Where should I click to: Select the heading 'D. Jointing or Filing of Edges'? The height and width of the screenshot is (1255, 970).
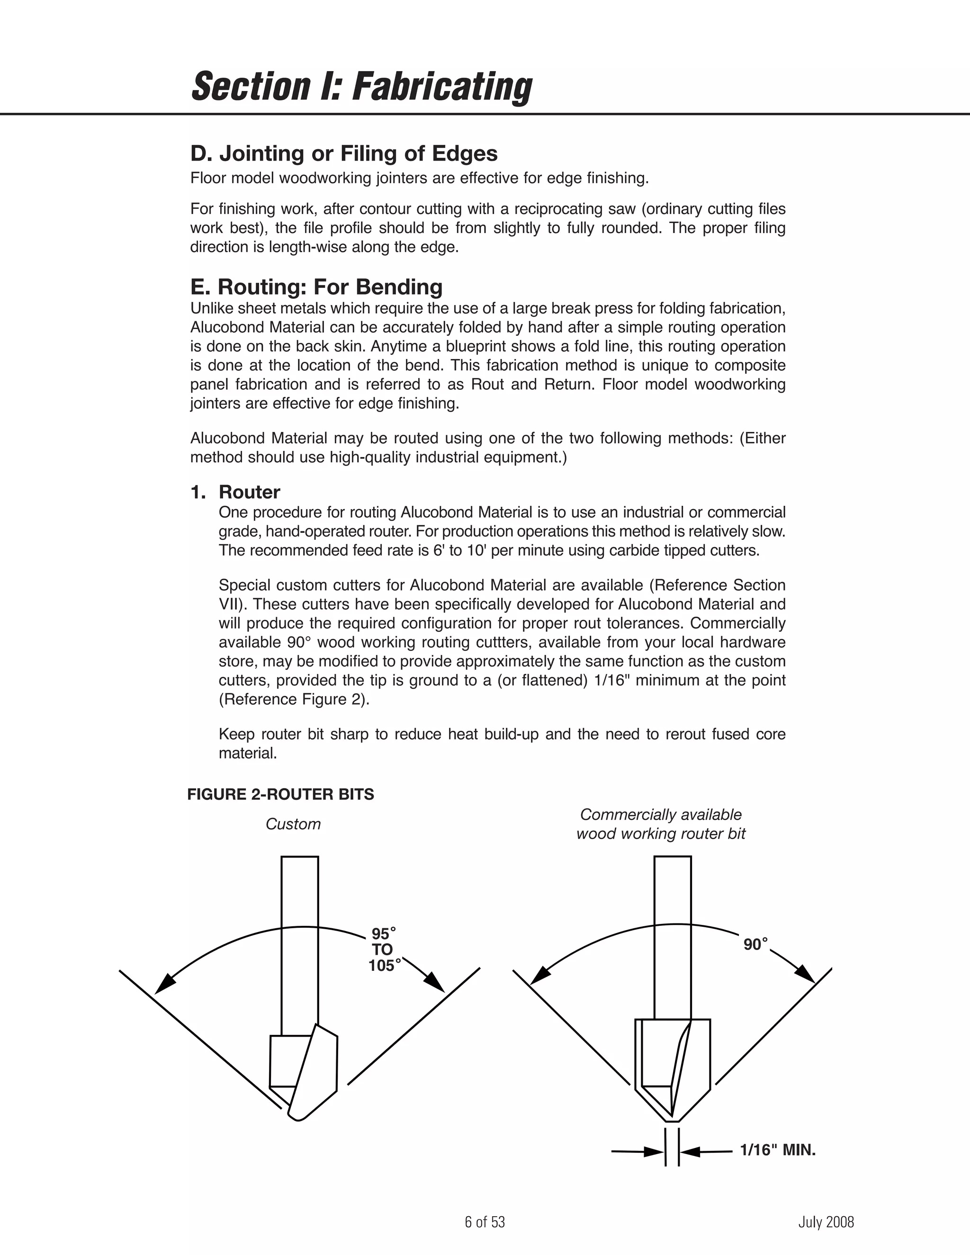point(344,153)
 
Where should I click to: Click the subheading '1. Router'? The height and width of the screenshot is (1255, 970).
point(235,492)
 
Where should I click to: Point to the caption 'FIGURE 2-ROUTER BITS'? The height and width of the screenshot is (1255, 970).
point(280,794)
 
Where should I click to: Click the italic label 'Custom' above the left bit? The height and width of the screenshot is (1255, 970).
point(293,824)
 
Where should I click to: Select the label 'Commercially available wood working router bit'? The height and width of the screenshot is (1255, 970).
point(661,824)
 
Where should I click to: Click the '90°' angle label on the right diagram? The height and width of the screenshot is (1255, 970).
point(755,944)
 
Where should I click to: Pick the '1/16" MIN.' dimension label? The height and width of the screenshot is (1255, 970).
point(778,1150)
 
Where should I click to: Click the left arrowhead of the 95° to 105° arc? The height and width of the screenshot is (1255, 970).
point(165,984)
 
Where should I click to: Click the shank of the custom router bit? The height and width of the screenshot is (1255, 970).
point(299,942)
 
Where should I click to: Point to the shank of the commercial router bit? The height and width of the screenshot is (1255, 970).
point(673,937)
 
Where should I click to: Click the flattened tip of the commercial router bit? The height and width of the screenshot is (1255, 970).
point(673,1120)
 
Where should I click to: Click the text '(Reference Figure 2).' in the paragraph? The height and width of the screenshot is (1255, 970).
point(294,699)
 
